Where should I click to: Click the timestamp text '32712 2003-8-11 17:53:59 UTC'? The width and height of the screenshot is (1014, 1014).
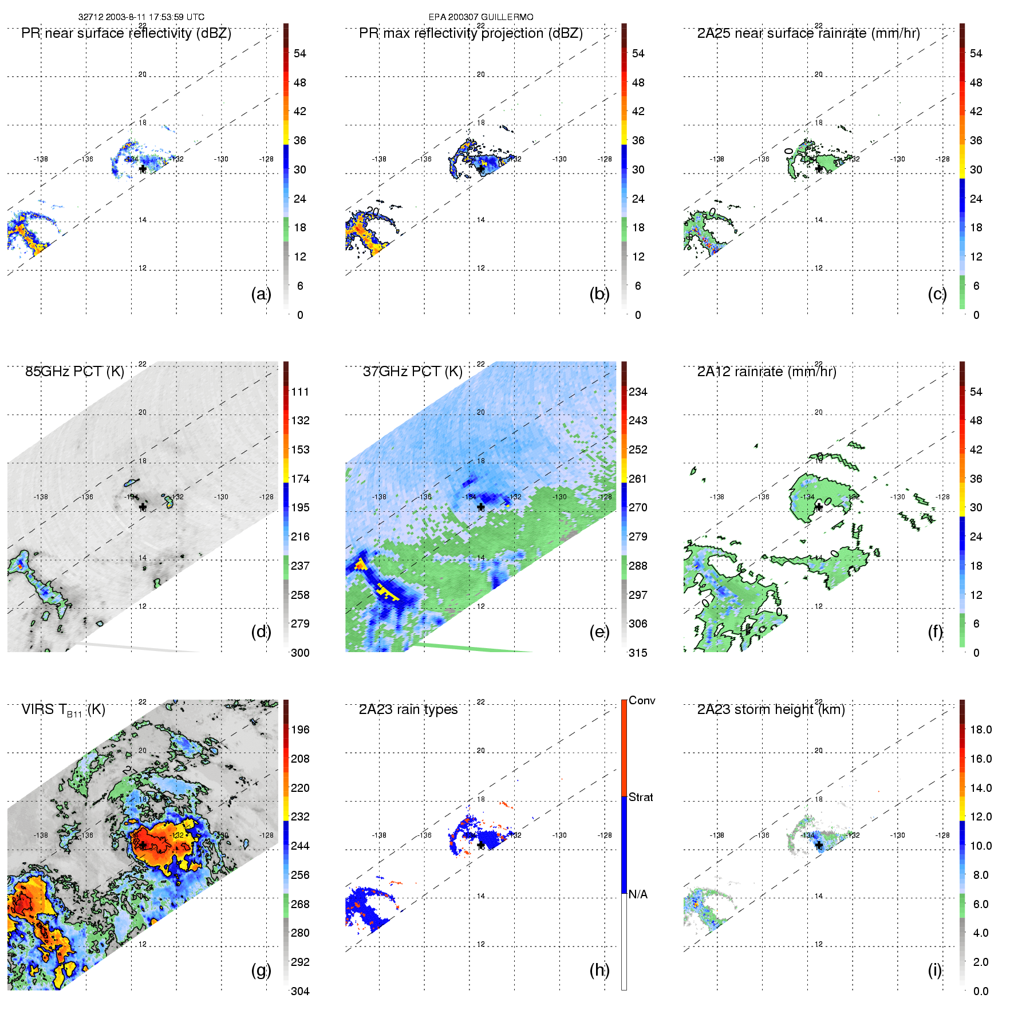tap(141, 17)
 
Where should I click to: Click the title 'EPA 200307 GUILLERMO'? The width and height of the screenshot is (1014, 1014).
tap(481, 17)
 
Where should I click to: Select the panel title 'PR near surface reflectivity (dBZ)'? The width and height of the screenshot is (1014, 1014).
tap(126, 33)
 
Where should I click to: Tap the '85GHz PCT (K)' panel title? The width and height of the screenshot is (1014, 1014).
tap(74, 372)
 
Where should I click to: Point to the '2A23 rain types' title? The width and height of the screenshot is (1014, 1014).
tap(408, 709)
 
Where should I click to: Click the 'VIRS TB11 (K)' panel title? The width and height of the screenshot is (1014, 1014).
tap(63, 710)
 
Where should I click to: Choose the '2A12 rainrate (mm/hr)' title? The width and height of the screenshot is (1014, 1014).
tap(767, 372)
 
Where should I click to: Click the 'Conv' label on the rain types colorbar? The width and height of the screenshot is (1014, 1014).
tap(642, 701)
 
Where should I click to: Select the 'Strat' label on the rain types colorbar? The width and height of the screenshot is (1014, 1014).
tap(641, 798)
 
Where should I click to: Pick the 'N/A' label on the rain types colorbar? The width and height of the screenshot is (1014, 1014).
tap(638, 894)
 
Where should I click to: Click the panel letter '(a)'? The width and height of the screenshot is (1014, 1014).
tap(261, 294)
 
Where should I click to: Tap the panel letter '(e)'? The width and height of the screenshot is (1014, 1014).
tap(599, 632)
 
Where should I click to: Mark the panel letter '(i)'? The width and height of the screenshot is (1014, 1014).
tap(935, 970)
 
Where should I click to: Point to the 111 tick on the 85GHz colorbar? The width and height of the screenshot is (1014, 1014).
tap(300, 392)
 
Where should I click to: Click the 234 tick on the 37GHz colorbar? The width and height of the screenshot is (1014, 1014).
tap(638, 392)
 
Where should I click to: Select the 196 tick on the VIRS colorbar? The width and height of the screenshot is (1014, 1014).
tap(300, 730)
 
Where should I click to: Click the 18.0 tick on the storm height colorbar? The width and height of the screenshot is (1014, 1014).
tap(981, 730)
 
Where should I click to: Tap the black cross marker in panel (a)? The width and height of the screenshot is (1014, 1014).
tap(143, 169)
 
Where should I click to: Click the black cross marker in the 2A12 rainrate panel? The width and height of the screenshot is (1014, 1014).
tap(819, 507)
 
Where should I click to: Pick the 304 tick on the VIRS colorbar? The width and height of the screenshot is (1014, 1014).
tap(300, 991)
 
